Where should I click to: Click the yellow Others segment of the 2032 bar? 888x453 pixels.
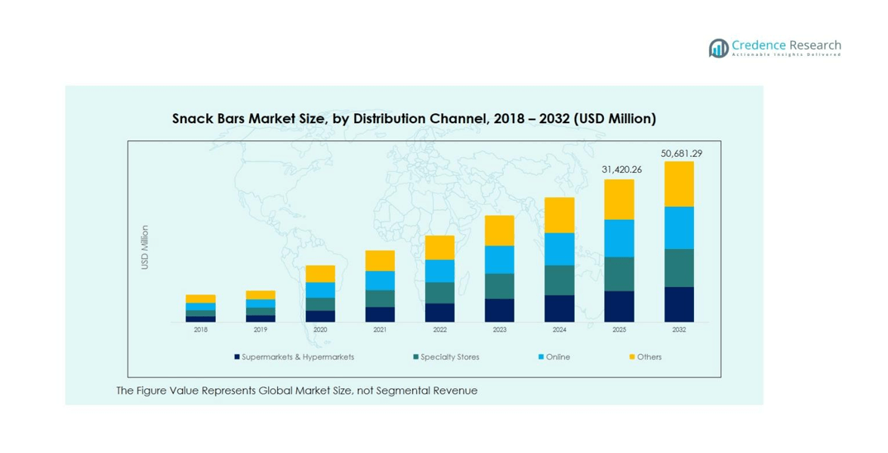[679, 184]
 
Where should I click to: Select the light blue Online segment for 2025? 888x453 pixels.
[619, 238]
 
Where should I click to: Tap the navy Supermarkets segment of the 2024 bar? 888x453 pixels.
[560, 308]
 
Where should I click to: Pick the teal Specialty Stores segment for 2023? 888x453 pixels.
[499, 286]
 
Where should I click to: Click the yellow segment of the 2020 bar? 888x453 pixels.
[320, 273]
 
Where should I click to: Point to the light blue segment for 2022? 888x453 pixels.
[439, 271]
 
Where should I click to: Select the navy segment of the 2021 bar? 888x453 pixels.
[380, 314]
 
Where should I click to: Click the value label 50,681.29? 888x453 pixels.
[681, 153]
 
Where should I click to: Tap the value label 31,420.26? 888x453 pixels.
[621, 170]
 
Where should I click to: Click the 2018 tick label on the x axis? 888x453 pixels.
[201, 330]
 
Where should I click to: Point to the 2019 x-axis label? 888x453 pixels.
[261, 330]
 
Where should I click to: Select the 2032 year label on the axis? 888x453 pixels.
[679, 330]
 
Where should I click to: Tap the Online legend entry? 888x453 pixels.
[558, 357]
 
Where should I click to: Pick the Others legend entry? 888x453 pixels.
[649, 357]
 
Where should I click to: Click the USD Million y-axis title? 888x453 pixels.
[145, 248]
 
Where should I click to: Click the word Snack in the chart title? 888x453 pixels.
[191, 119]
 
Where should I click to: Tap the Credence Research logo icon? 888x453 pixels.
[718, 48]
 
